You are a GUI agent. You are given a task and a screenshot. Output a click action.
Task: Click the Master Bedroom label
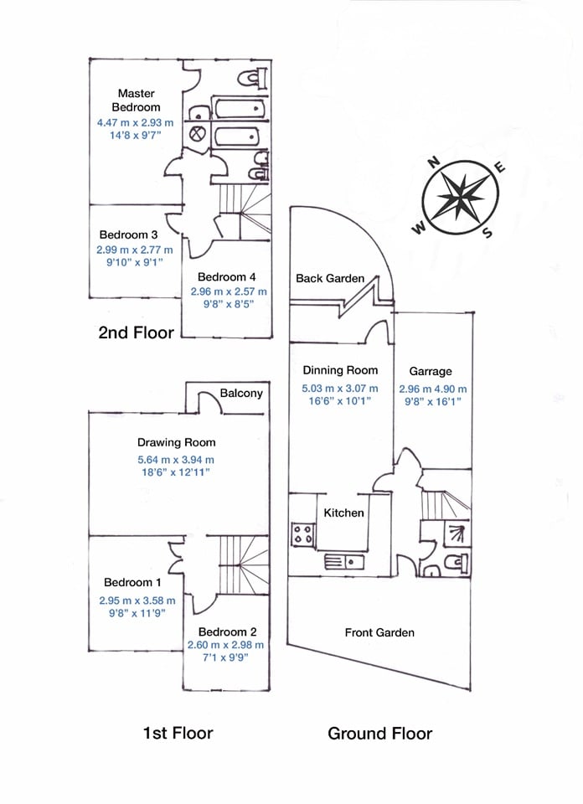(x=138, y=100)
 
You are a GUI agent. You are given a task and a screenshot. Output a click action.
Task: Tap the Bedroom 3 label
(x=128, y=234)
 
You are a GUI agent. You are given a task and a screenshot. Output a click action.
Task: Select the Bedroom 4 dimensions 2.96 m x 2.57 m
(x=229, y=291)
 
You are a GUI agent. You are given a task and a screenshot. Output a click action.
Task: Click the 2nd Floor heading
(x=136, y=332)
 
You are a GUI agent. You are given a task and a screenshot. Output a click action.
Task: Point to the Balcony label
(x=241, y=393)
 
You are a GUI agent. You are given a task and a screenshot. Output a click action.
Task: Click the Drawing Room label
(x=176, y=442)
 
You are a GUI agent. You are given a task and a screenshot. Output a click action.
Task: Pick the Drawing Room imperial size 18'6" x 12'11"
(x=176, y=472)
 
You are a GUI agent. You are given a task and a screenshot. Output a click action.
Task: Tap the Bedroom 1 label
(x=132, y=583)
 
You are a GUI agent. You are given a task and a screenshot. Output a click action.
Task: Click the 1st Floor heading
(x=178, y=733)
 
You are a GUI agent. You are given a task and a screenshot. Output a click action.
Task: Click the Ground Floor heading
(x=379, y=734)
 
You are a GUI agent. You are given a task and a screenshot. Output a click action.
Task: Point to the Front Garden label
(x=379, y=632)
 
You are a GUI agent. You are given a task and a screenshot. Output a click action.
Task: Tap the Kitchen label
(x=344, y=513)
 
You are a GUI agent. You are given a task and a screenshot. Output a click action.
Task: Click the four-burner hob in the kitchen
(x=302, y=534)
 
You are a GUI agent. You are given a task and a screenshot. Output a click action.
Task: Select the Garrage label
(x=431, y=371)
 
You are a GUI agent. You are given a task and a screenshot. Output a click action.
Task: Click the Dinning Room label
(x=340, y=369)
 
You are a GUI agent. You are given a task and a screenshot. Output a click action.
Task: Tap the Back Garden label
(x=330, y=278)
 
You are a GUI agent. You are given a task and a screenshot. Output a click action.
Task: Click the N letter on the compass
(x=434, y=164)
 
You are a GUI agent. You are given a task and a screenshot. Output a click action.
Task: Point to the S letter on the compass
(x=486, y=234)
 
